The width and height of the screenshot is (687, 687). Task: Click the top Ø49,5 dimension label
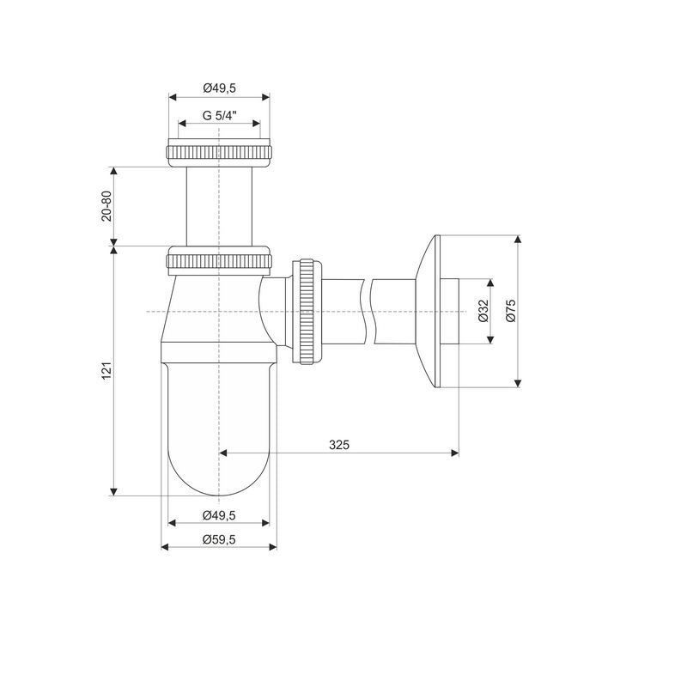(219, 88)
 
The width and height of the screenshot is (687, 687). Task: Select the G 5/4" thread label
(219, 116)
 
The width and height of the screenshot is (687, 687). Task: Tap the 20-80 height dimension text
(106, 206)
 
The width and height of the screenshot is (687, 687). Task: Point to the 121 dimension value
(106, 371)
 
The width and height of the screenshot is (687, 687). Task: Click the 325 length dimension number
(339, 445)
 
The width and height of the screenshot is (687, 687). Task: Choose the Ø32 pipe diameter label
(483, 311)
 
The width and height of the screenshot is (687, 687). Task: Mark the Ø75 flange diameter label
(511, 311)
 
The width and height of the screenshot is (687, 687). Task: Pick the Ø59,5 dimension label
(219, 540)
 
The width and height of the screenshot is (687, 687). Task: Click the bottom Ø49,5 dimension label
(219, 516)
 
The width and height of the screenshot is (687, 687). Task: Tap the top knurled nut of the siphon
(219, 153)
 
